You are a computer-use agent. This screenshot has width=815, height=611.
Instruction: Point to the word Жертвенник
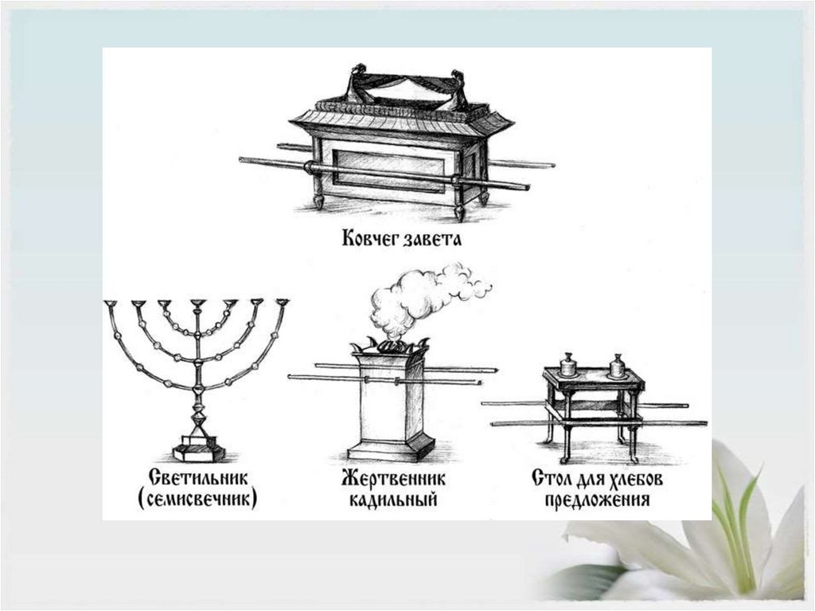[393, 480]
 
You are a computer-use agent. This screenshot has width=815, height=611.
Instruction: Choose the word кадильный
[393, 501]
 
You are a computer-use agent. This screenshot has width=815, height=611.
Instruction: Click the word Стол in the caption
[554, 480]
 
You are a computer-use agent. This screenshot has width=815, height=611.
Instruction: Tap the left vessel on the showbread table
[568, 365]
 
